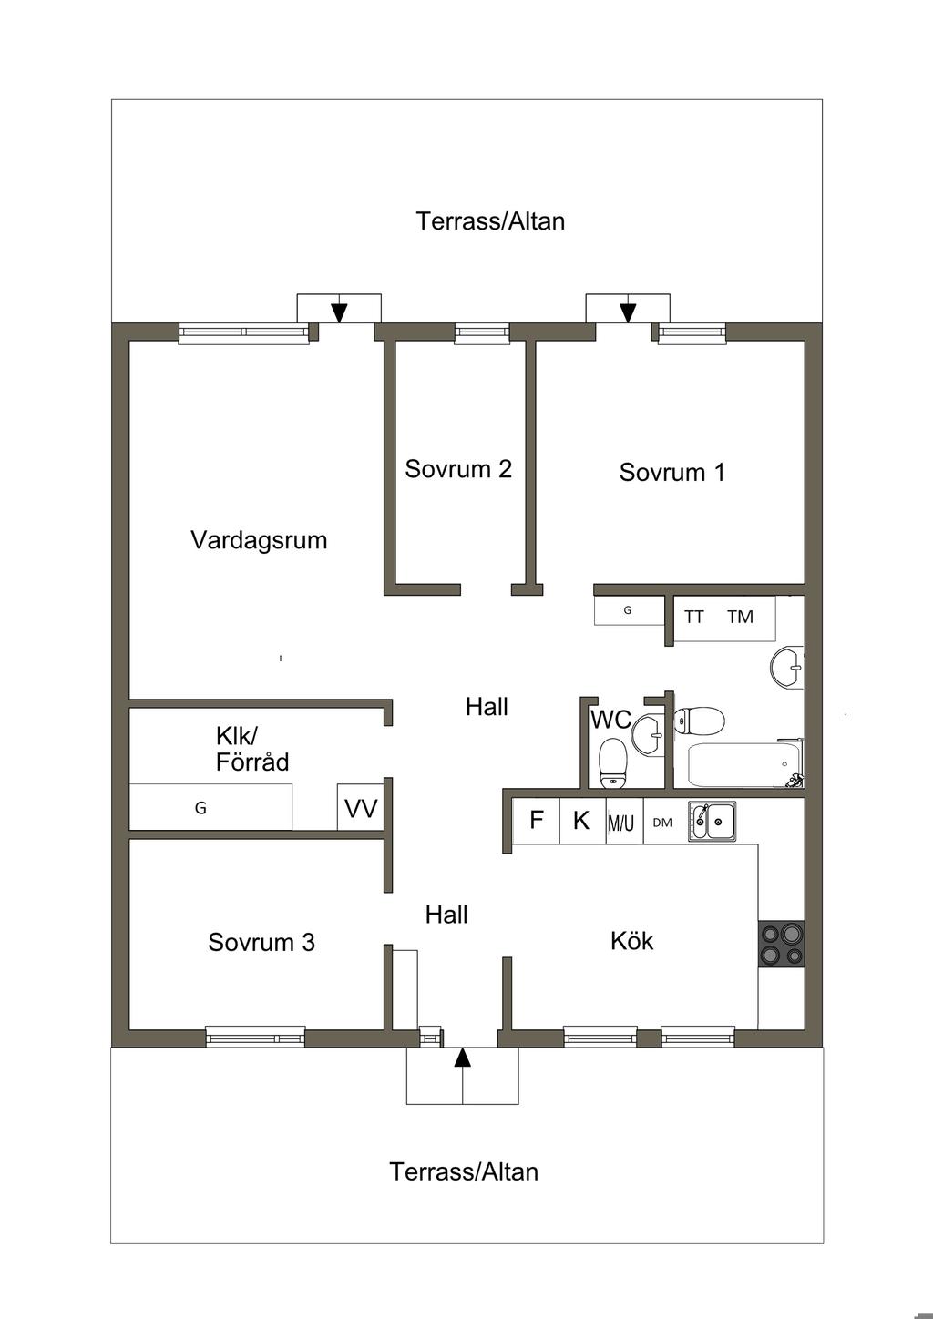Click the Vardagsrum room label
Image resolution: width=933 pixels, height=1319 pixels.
click(x=259, y=540)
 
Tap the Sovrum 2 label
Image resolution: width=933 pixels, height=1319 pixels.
click(x=458, y=469)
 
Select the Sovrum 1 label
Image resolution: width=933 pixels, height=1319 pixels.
click(x=672, y=472)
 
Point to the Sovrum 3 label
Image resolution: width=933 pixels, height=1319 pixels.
click(x=261, y=942)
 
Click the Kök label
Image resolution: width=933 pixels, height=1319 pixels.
click(x=631, y=940)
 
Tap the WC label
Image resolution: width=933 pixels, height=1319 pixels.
click(x=610, y=719)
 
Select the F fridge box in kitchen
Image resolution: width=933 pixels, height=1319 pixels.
click(x=536, y=820)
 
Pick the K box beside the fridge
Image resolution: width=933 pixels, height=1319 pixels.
click(x=582, y=820)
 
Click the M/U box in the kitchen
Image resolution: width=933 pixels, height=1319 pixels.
click(x=624, y=820)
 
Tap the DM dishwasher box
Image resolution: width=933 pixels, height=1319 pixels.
click(x=666, y=820)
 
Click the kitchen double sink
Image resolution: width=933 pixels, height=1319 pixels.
click(x=713, y=820)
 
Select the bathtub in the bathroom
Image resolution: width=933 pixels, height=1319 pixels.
click(x=743, y=765)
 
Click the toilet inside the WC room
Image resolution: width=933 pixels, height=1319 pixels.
click(x=613, y=763)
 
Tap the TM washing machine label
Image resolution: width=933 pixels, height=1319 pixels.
click(x=740, y=617)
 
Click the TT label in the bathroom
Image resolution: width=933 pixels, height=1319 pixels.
click(x=694, y=617)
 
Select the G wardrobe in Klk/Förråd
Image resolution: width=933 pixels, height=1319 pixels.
click(x=210, y=807)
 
